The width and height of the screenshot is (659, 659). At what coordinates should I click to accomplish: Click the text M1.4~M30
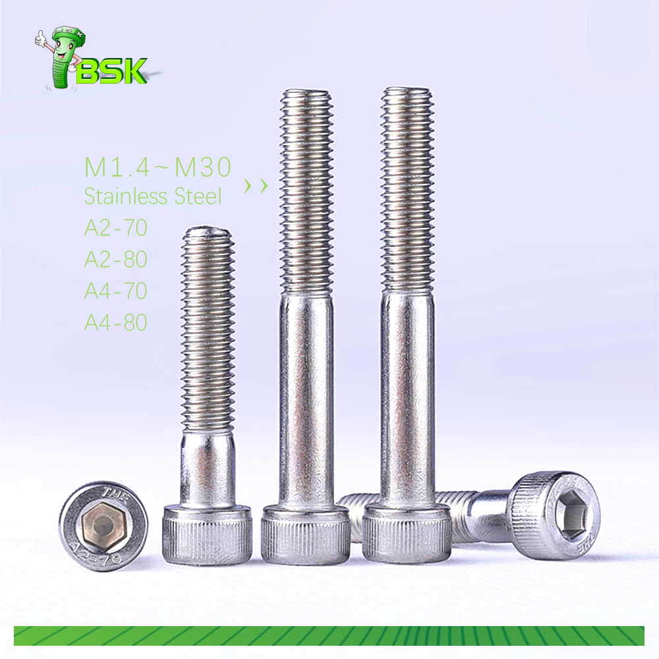click(x=158, y=167)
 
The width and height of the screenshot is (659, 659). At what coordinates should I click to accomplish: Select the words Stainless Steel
click(x=153, y=196)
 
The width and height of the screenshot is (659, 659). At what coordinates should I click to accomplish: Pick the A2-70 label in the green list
click(x=115, y=227)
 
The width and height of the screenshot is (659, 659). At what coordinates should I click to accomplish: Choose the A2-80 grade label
click(x=115, y=259)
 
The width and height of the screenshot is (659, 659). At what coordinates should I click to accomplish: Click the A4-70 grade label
click(x=115, y=291)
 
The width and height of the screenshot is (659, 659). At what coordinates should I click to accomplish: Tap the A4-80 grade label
click(x=115, y=322)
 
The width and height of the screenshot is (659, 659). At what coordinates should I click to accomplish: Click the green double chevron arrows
click(x=256, y=185)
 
